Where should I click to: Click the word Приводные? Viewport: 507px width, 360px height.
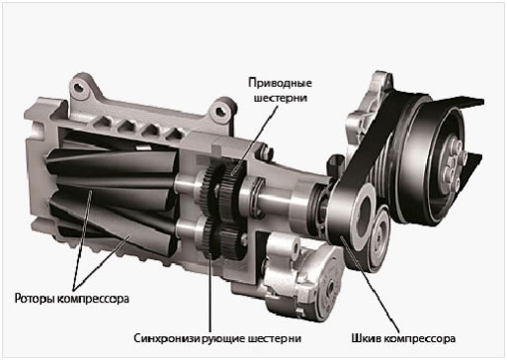click(x=280, y=83)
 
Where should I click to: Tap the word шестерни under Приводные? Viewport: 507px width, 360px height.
click(x=281, y=98)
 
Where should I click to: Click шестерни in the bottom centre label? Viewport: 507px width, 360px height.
click(x=274, y=338)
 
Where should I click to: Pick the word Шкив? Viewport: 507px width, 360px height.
click(x=366, y=338)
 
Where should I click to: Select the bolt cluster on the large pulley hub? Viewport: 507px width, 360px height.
click(x=454, y=165)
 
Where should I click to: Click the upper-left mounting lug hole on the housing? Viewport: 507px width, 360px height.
click(x=79, y=88)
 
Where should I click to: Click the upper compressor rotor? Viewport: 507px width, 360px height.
click(x=112, y=165)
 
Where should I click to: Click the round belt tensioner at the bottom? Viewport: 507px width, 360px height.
click(x=326, y=284)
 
